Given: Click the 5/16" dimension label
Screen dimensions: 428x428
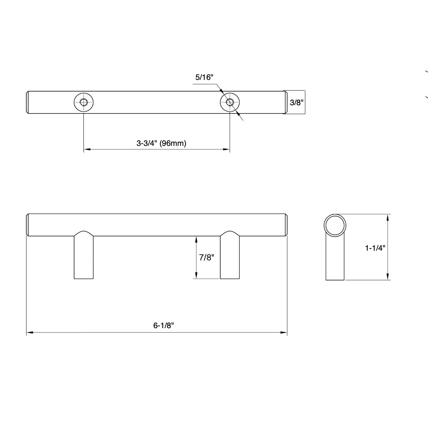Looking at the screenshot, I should tap(204, 77).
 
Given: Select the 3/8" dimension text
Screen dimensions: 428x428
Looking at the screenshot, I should tap(296, 103).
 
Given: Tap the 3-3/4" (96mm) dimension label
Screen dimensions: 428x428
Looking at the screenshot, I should tap(161, 143).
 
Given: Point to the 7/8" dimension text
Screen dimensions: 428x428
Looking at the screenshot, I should tap(206, 257).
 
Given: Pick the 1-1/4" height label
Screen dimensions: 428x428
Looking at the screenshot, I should tap(375, 248).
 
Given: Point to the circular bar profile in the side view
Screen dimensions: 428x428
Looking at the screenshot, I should tap(335, 225).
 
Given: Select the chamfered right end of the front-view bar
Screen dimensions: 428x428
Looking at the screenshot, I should tap(286, 225).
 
